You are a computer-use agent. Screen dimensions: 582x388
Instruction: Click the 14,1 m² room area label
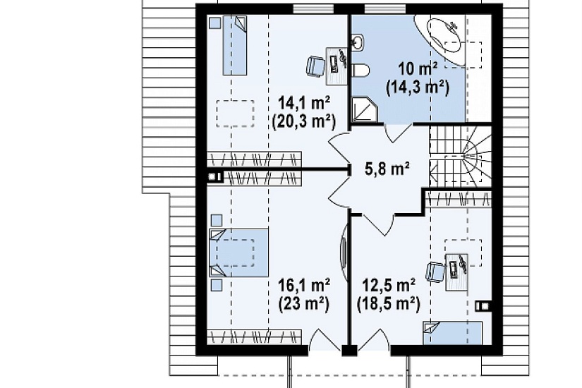click(304, 104)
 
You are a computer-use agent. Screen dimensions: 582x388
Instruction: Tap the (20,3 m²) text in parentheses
click(304, 121)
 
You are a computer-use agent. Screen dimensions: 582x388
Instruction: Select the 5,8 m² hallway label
click(387, 169)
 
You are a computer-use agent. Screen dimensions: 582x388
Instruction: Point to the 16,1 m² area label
click(304, 286)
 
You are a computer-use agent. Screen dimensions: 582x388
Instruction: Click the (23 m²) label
click(304, 304)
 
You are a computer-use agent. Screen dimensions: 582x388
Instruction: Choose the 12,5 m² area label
click(389, 286)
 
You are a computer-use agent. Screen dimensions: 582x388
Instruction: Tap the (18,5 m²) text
click(389, 304)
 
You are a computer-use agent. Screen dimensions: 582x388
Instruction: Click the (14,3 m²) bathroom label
click(418, 87)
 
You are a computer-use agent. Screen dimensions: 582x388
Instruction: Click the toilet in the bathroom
click(360, 70)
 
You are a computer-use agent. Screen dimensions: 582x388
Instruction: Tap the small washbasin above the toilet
click(357, 42)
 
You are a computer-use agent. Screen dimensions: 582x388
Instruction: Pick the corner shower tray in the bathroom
click(364, 110)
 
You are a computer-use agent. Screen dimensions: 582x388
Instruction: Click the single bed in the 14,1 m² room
click(235, 45)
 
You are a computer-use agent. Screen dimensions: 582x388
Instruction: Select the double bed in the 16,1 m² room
click(238, 253)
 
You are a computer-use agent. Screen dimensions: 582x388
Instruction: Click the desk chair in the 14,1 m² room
click(315, 66)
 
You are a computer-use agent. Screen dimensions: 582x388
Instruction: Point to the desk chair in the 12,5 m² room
click(435, 272)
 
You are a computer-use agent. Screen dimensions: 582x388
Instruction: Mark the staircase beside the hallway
click(460, 156)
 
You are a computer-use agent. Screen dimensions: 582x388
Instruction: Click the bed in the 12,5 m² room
click(452, 333)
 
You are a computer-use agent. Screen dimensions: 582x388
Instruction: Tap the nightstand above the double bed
click(217, 220)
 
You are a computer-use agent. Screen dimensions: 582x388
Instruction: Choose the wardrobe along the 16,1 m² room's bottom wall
click(254, 337)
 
